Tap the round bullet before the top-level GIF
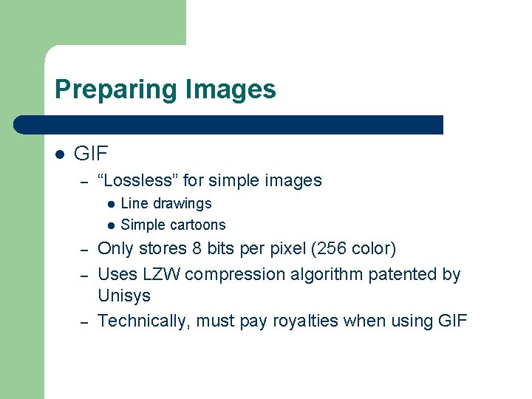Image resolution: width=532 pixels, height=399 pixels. coord(60,154)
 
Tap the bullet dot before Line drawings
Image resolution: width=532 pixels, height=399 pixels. coord(110,204)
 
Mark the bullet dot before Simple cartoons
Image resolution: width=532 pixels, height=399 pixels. coord(110,225)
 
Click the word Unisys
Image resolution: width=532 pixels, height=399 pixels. coord(124,296)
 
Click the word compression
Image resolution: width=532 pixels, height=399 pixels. coord(235,275)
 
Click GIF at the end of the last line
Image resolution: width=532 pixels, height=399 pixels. coord(453,321)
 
